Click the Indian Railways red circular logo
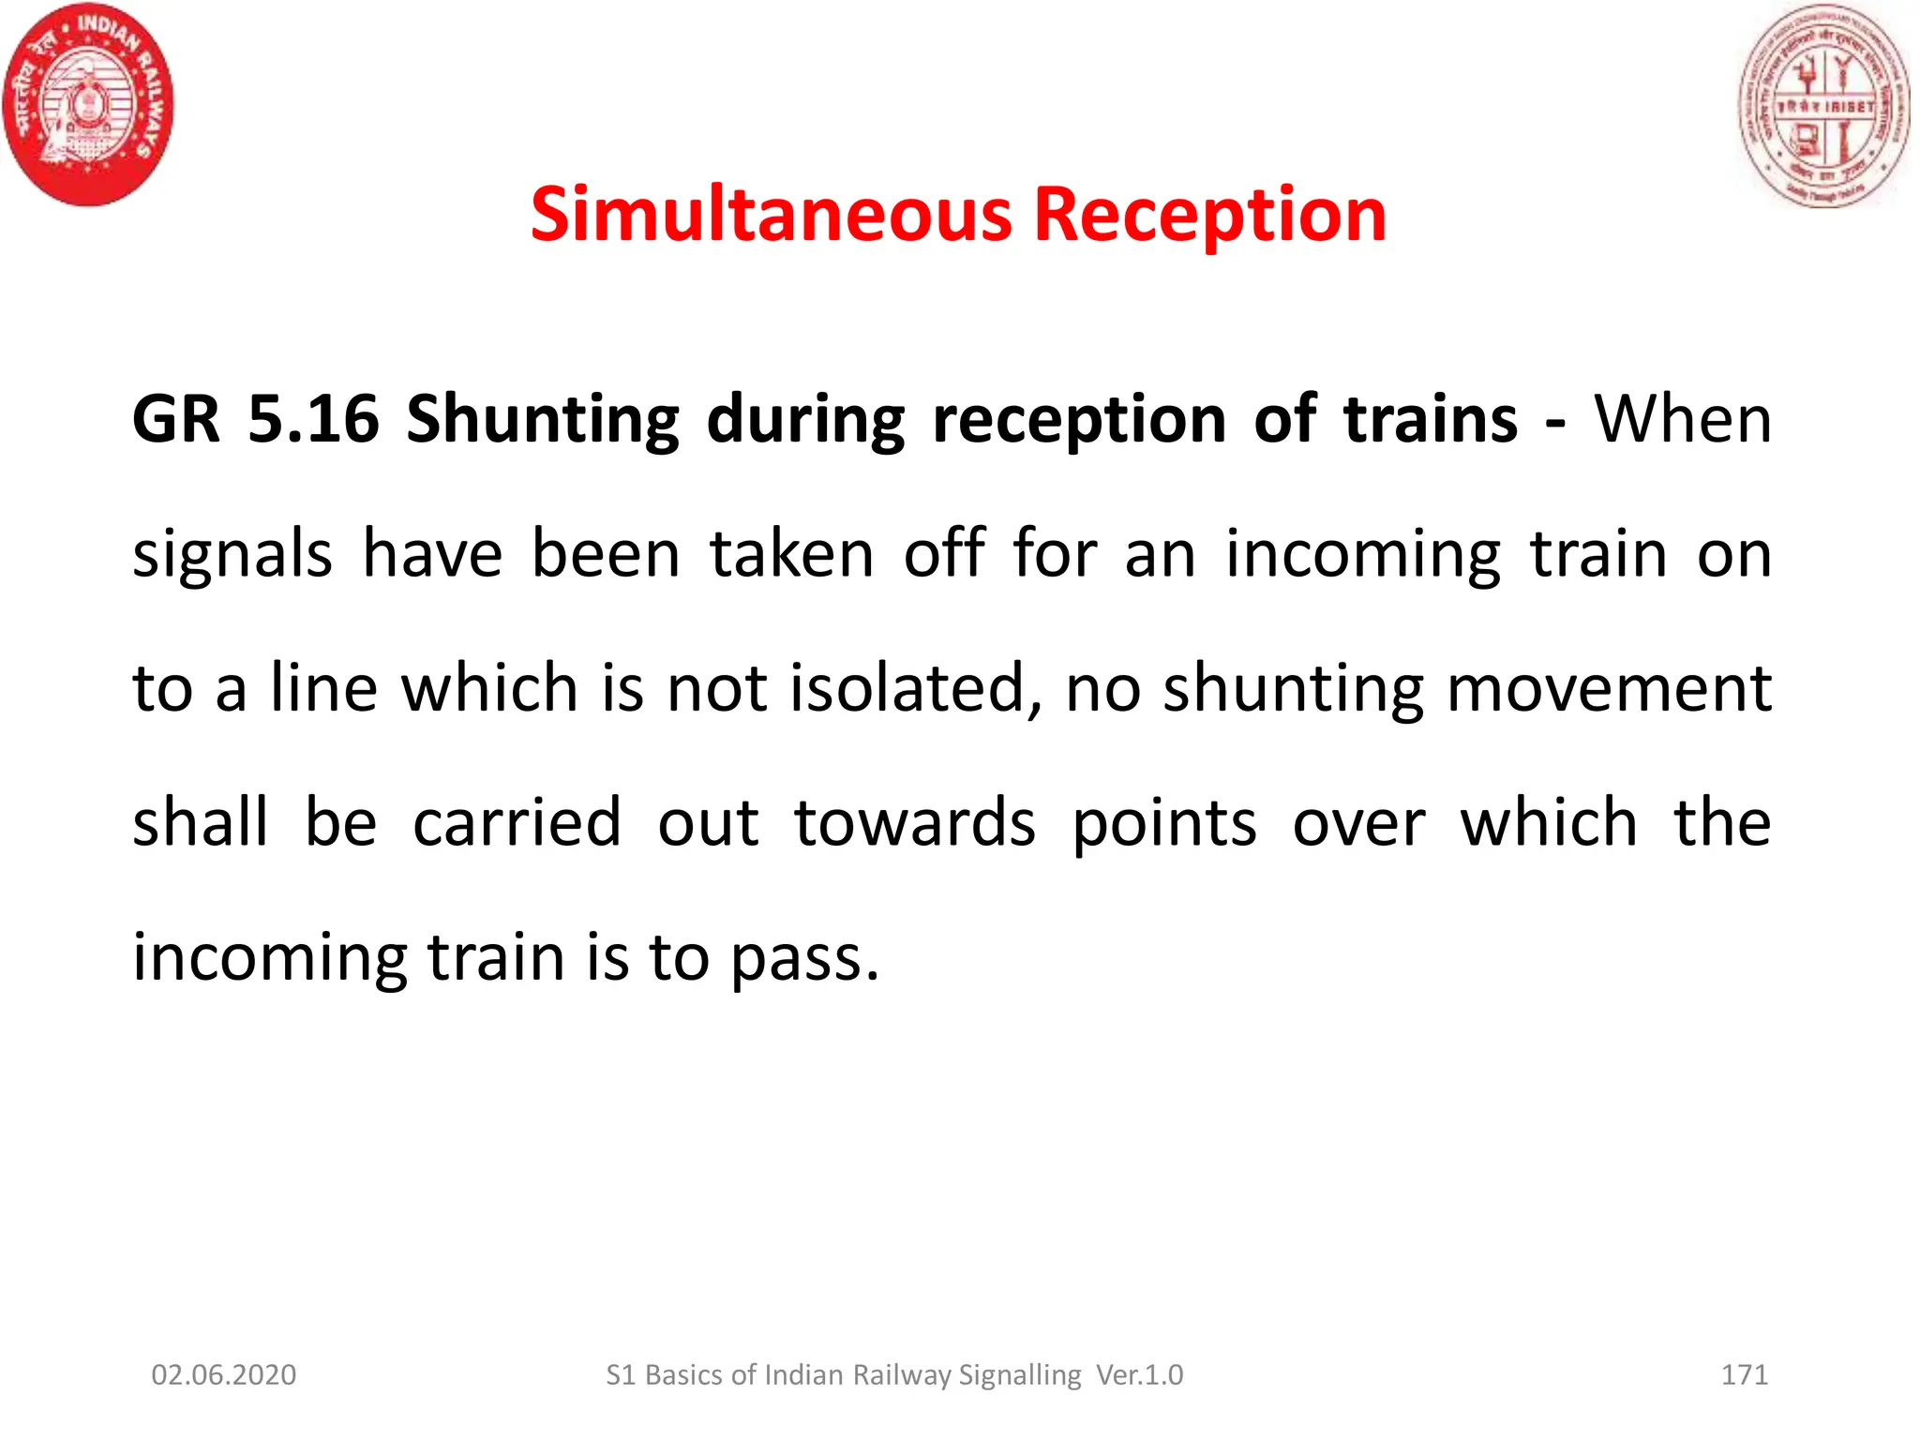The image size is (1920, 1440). click(88, 103)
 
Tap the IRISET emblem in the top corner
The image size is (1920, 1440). click(1823, 105)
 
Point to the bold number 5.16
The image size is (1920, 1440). click(313, 418)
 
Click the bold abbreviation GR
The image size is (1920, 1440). click(176, 418)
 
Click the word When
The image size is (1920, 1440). click(1683, 418)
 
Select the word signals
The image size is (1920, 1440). click(232, 555)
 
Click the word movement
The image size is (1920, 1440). click(1609, 688)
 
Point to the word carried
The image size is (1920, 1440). click(517, 822)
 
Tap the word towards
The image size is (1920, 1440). click(915, 822)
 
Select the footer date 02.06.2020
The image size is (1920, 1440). click(224, 1374)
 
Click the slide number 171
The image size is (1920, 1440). click(1745, 1374)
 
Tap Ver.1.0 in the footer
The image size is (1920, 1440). click(1140, 1374)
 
